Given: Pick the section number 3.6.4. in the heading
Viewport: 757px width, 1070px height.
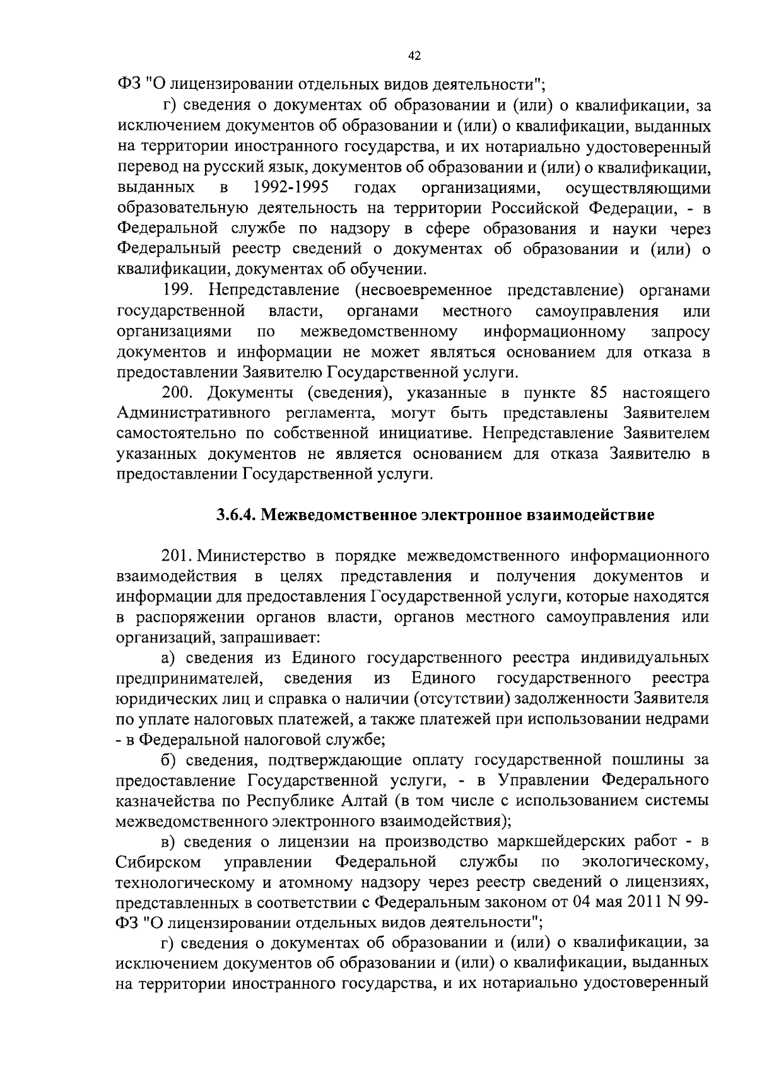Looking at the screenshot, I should click(x=236, y=515).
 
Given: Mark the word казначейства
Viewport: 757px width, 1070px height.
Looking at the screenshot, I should click(x=161, y=801).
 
